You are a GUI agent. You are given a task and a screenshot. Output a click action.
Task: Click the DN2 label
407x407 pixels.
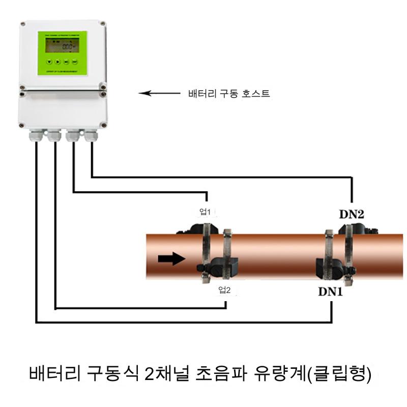point(352,214)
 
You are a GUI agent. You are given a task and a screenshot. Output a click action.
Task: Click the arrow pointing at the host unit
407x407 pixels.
point(159,93)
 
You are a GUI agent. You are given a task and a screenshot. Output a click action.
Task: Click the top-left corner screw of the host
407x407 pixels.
point(23,24)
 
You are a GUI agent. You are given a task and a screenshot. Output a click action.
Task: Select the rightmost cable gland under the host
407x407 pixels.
point(92,136)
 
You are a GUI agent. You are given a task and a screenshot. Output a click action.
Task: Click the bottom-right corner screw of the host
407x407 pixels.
point(103,124)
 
